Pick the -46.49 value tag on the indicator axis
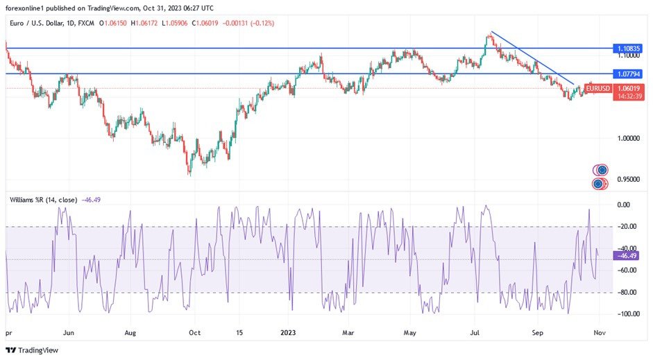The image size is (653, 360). (627, 255)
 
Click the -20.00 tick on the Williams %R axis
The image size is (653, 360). (628, 226)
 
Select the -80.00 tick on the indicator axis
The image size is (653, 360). (628, 292)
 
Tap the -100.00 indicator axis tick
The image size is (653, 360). (628, 314)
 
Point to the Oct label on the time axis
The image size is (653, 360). (194, 332)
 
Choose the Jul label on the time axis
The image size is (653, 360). (475, 332)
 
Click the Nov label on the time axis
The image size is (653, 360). (600, 332)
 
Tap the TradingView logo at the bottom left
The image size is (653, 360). (33, 351)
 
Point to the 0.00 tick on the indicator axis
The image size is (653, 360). (624, 205)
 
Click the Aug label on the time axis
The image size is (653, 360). (130, 332)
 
